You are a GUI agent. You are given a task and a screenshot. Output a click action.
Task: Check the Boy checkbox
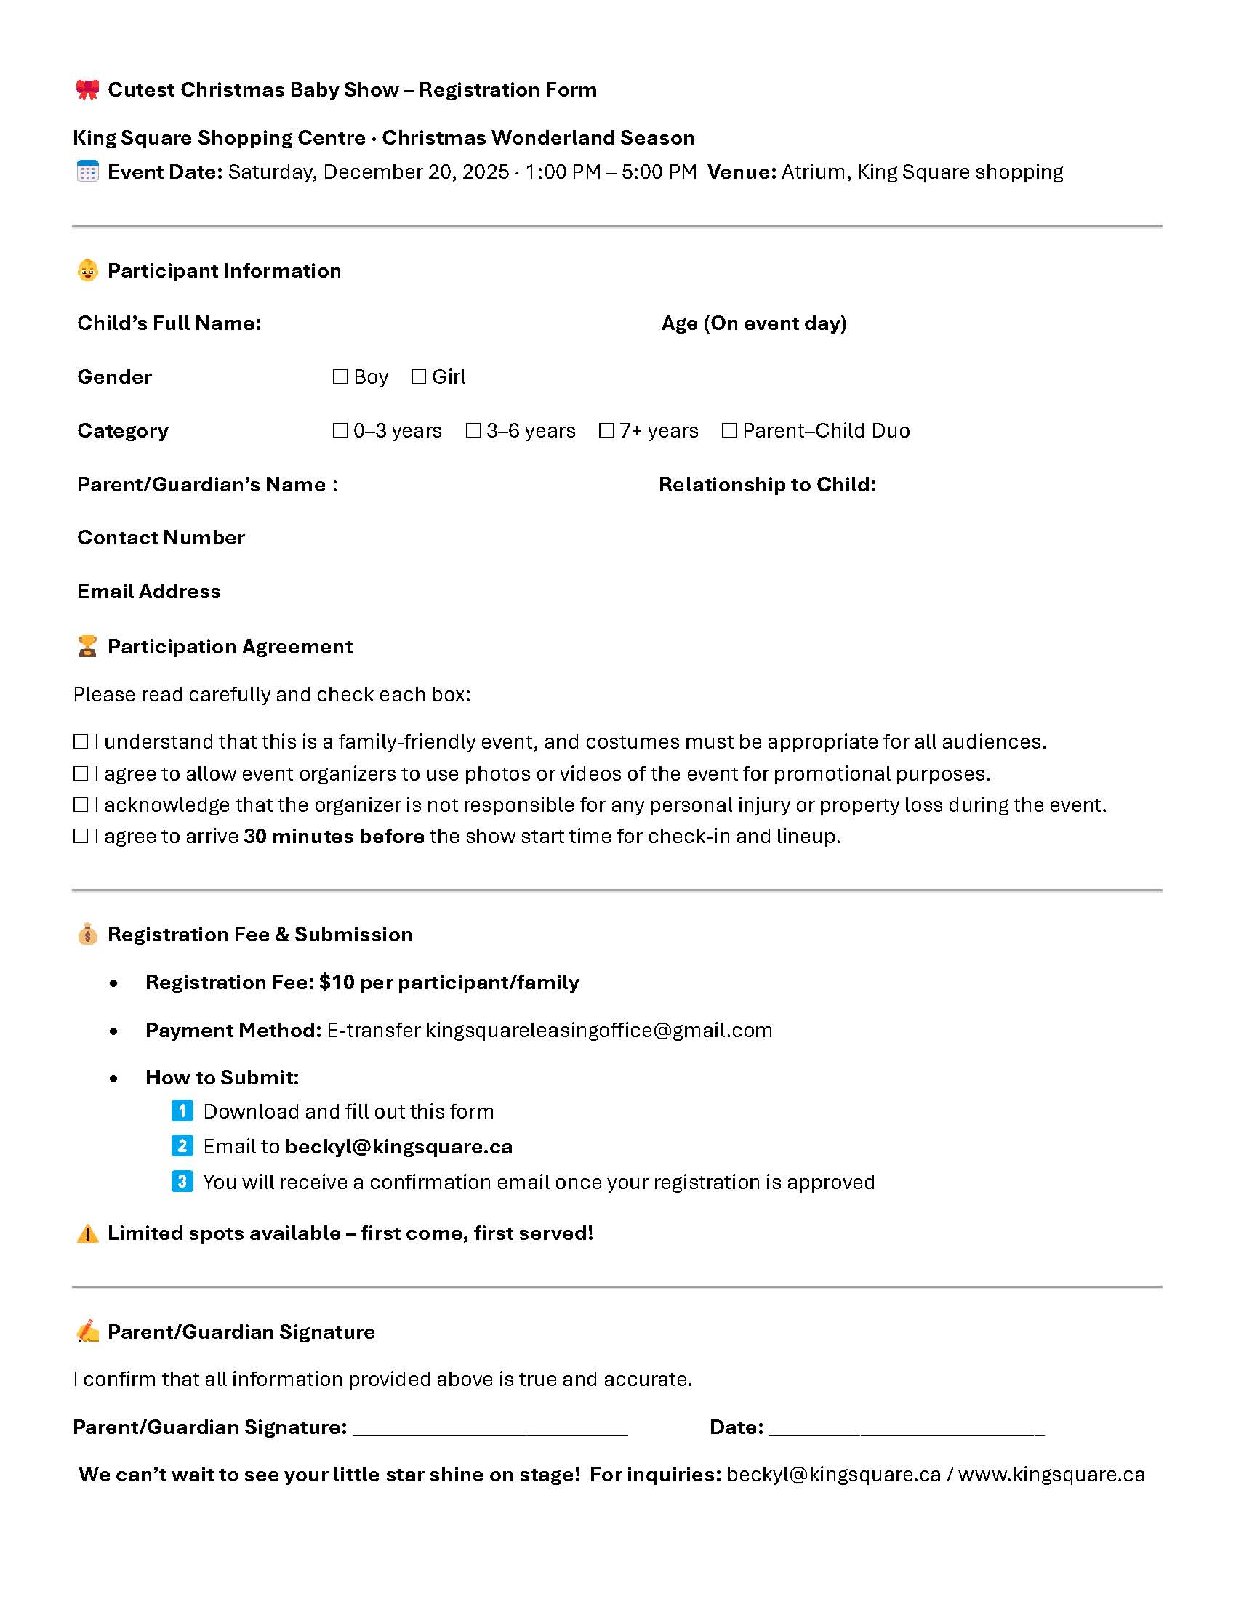[340, 376]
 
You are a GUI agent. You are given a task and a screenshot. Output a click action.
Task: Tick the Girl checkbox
[419, 376]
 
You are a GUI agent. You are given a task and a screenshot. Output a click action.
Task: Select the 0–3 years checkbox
[340, 430]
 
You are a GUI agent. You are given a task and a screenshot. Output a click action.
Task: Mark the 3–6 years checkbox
[473, 430]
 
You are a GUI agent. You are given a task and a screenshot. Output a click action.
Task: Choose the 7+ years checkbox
[606, 430]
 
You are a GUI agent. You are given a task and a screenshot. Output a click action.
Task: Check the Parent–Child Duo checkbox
[729, 430]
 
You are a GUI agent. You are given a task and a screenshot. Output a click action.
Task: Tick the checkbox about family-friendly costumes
[81, 741]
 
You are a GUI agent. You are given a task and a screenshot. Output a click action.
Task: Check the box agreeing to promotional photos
[81, 774]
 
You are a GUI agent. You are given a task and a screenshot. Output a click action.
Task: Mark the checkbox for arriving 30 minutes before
[81, 836]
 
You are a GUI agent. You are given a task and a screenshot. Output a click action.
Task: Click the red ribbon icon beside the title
[87, 89]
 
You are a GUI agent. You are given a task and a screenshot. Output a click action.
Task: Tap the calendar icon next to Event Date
[87, 172]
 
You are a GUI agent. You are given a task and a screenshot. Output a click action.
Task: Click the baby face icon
[87, 270]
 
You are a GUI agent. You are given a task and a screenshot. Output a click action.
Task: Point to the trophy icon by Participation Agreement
[87, 645]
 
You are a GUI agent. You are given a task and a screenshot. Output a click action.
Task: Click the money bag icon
[87, 934]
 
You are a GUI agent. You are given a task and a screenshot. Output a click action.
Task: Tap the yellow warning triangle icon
[87, 1233]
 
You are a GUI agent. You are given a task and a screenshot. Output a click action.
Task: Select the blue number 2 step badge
[182, 1145]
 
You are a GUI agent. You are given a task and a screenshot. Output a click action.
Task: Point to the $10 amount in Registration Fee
[337, 983]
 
